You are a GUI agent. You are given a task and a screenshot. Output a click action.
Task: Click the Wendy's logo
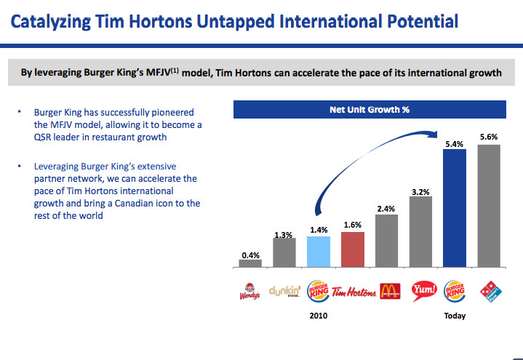coord(249,292)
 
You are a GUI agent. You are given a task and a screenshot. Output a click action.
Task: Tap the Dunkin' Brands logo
coord(284,292)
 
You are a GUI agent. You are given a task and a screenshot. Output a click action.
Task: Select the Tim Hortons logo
coord(353,292)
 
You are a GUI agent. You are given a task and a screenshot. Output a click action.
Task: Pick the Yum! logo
coord(422,292)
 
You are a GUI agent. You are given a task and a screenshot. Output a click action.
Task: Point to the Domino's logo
coord(490,292)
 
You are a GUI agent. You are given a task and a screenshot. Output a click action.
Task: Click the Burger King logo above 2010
coord(318,292)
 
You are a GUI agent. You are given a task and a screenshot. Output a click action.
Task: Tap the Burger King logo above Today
coord(455,292)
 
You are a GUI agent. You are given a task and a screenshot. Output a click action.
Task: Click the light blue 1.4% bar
coord(318,252)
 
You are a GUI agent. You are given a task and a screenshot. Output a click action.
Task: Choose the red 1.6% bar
coord(352,249)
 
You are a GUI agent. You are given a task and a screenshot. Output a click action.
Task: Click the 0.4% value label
coord(249,255)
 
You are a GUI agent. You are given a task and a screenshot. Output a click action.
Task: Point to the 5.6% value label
coord(489,137)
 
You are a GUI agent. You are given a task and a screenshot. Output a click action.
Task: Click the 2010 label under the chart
coord(317,316)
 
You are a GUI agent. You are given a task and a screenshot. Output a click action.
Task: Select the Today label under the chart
coord(455,316)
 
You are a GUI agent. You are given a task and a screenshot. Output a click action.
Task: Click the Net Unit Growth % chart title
coord(369,111)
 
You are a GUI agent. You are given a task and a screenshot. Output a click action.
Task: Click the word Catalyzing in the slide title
coord(51,21)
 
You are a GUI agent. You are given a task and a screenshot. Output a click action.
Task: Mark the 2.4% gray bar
coord(386,241)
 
